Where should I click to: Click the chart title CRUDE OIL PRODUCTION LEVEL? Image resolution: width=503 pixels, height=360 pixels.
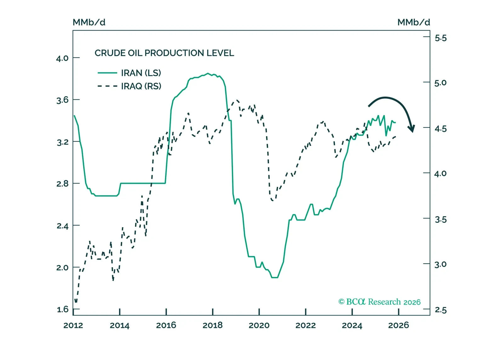[x=164, y=53]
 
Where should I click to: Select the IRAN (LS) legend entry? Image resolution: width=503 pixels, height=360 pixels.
[x=141, y=73]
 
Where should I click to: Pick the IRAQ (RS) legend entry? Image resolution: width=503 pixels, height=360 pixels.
[x=141, y=86]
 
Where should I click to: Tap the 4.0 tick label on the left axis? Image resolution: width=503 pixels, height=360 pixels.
[x=62, y=58]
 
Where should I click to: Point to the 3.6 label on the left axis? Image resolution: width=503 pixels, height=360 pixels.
[x=62, y=100]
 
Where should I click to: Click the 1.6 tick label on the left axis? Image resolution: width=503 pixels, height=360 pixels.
[x=62, y=309]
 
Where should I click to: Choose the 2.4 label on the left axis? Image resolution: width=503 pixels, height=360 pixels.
[x=62, y=226]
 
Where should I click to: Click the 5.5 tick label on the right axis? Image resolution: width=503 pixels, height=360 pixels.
[x=440, y=38]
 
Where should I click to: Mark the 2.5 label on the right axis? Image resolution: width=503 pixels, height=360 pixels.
[x=440, y=310]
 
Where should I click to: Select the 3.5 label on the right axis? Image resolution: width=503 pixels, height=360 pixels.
[x=440, y=220]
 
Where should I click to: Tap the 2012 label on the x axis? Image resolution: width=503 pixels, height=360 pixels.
[x=73, y=325]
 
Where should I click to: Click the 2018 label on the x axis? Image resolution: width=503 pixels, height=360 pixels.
[x=213, y=325]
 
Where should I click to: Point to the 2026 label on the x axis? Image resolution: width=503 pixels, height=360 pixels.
[x=398, y=325]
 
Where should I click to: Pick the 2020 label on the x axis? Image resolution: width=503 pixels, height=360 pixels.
[x=259, y=325]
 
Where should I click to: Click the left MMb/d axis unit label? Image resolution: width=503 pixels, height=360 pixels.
[x=89, y=22]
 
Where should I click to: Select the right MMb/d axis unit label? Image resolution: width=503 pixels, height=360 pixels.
[x=414, y=22]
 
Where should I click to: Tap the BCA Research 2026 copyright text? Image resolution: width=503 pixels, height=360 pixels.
[x=379, y=302]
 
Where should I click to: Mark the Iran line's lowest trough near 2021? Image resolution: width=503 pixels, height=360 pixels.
[x=275, y=278]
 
